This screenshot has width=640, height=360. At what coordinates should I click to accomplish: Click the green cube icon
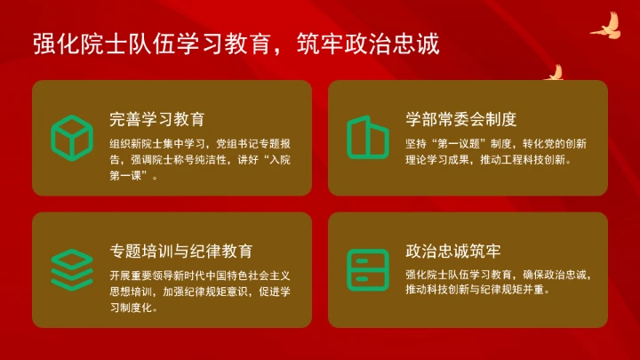click(72, 137)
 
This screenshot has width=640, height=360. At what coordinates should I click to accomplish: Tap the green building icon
click(368, 137)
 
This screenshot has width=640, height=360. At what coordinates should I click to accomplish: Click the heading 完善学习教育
click(157, 119)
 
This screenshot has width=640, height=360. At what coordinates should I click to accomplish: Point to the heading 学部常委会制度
click(461, 119)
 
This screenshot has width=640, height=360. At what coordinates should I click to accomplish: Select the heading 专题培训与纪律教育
click(181, 252)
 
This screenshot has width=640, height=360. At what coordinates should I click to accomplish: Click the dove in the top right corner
click(605, 26)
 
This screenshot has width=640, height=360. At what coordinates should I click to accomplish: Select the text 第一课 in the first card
click(130, 176)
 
